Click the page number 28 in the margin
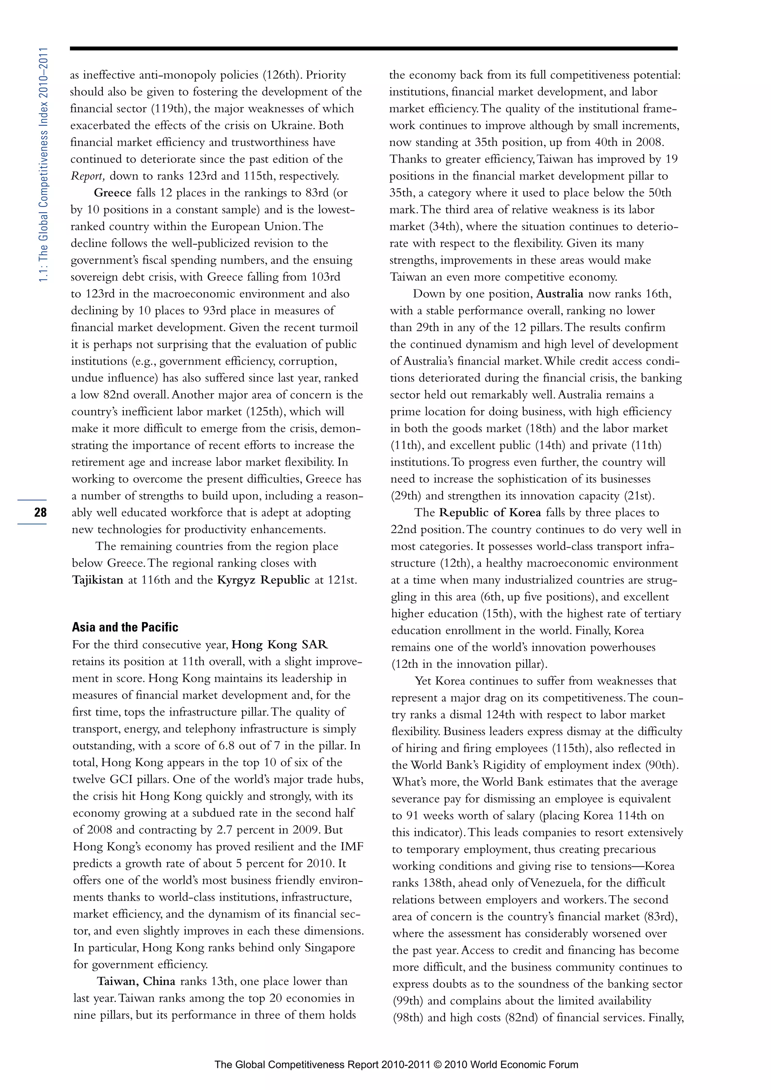click(x=40, y=512)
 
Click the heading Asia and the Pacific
click(x=125, y=627)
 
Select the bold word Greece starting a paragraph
click(x=113, y=193)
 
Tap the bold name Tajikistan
click(x=98, y=580)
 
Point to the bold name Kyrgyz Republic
click(x=263, y=580)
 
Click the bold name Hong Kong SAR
click(x=280, y=645)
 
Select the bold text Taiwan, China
click(x=136, y=981)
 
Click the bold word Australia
click(x=559, y=294)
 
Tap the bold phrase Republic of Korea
click(x=489, y=513)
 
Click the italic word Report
click(x=87, y=176)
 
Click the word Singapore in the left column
click(x=329, y=948)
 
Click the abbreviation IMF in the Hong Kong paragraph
click(x=352, y=846)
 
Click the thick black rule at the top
click(x=373, y=49)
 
